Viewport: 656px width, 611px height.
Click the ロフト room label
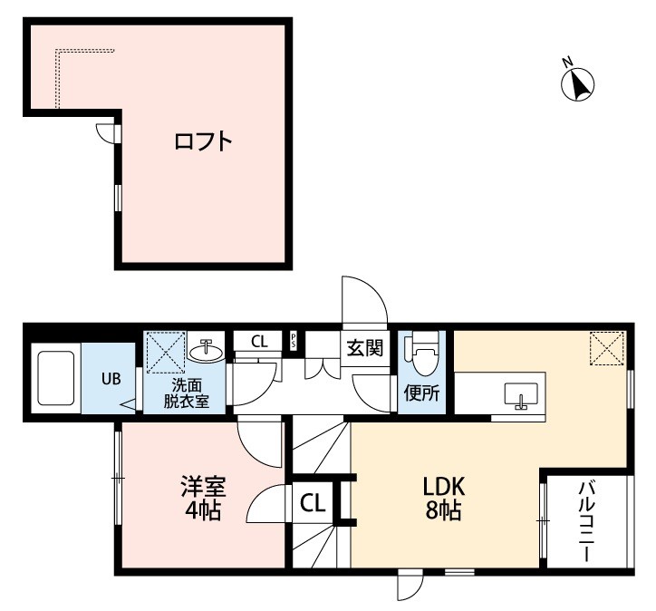(x=204, y=142)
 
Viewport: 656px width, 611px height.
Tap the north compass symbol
(x=578, y=84)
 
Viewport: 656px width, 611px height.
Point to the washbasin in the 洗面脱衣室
(x=207, y=349)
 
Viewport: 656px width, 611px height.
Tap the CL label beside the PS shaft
(x=260, y=342)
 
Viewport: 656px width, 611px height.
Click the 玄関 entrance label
(x=364, y=346)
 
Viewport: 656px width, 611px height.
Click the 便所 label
(x=422, y=394)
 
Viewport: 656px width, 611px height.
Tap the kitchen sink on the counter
(x=521, y=394)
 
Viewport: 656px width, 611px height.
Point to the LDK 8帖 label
(x=443, y=497)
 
